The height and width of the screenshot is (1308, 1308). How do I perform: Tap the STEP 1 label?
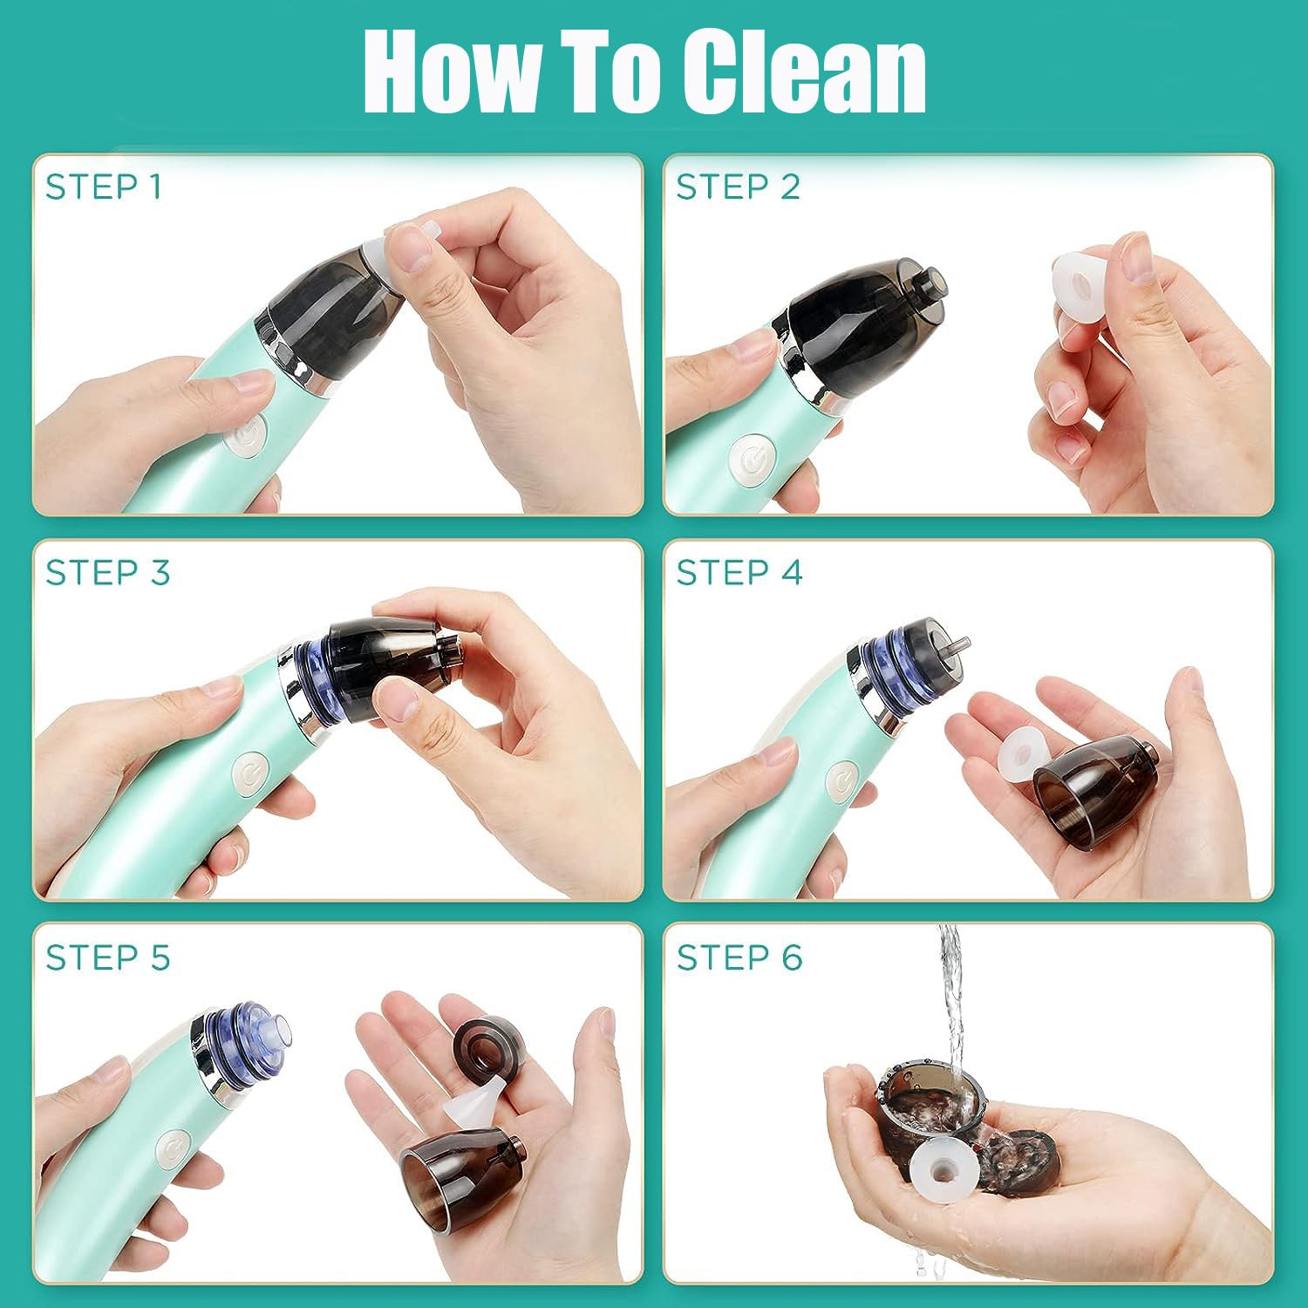[103, 187]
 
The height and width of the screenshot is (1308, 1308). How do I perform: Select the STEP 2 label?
[738, 187]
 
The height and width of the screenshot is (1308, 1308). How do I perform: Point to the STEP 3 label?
[107, 573]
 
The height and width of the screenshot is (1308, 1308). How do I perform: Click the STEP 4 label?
[739, 573]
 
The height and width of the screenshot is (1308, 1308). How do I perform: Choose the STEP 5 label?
[107, 957]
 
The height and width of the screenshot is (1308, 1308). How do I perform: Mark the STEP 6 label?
[739, 957]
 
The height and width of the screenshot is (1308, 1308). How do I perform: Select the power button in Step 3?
[250, 773]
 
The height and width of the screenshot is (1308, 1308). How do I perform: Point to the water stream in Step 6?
[950, 994]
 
